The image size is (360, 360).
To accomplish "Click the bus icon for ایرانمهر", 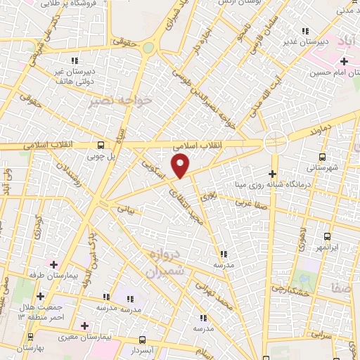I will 327,238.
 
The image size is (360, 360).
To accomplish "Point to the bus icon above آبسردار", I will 143,339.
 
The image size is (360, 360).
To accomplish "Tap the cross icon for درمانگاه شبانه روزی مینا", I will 273,174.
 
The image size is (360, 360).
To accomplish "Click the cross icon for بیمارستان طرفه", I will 41,296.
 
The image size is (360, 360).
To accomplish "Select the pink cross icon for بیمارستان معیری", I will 85,326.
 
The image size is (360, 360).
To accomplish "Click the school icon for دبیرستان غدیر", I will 304,31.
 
